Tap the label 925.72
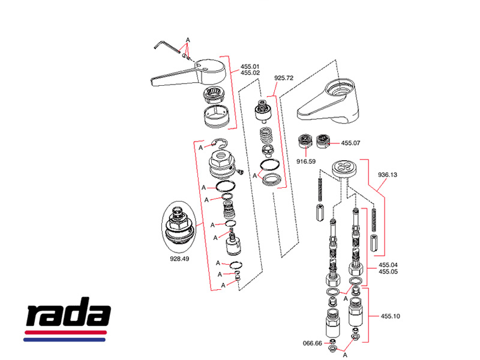click(x=284, y=78)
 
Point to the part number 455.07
click(x=350, y=143)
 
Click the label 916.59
click(x=307, y=161)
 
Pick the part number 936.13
click(x=388, y=175)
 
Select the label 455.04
click(x=388, y=265)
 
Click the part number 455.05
click(x=388, y=271)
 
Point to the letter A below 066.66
click(x=345, y=356)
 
